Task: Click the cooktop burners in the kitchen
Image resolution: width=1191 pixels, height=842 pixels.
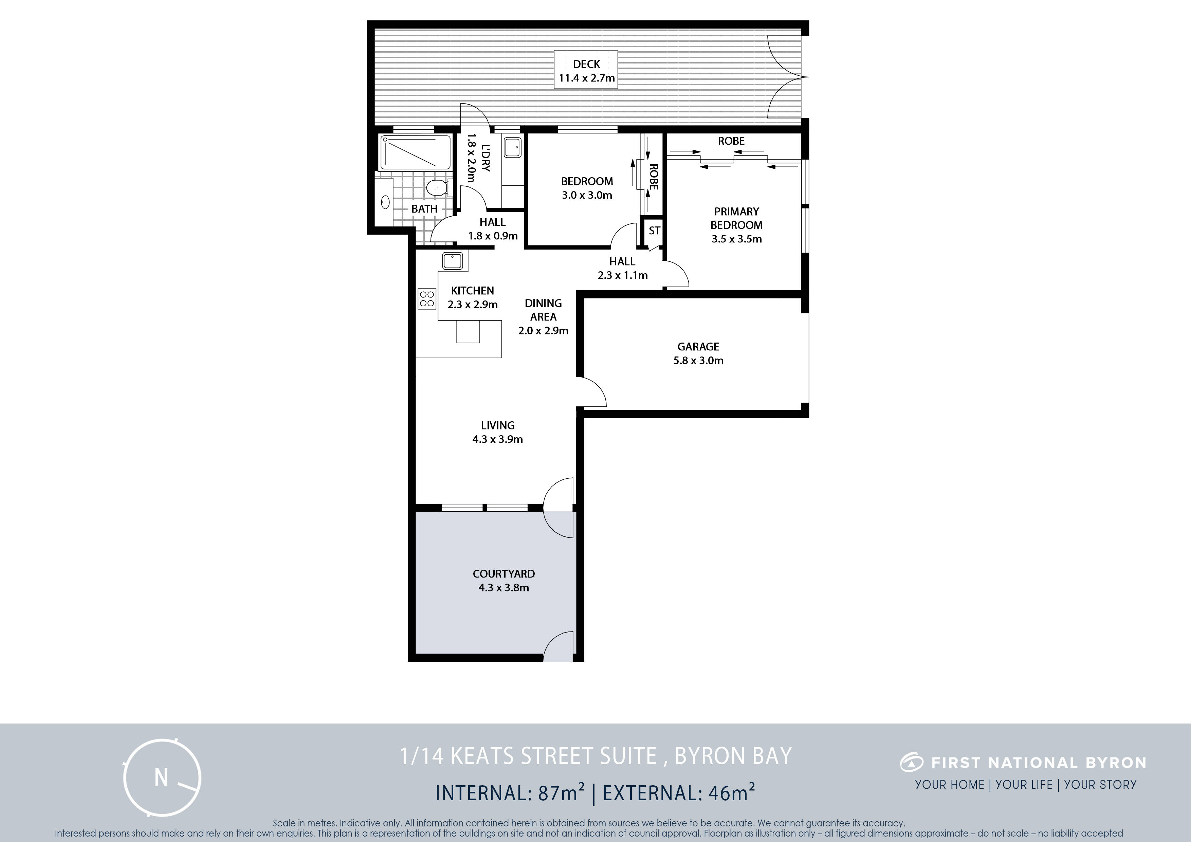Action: (427, 298)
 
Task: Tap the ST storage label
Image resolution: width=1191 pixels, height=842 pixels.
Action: (654, 230)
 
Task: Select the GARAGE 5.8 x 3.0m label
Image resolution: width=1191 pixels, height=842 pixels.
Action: (698, 353)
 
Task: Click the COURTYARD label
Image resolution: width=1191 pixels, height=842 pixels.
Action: (504, 574)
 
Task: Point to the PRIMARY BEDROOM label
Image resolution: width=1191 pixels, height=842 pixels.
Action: (737, 218)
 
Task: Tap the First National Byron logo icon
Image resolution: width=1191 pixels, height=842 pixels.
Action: (911, 763)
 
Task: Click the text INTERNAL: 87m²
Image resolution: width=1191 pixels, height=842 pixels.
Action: (510, 793)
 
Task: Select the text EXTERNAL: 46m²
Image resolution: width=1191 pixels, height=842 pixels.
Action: (678, 793)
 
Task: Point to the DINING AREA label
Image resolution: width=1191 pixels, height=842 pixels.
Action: (543, 310)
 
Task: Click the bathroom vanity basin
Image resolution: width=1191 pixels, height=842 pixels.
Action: (385, 201)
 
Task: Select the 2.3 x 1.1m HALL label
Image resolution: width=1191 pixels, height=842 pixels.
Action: (622, 268)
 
